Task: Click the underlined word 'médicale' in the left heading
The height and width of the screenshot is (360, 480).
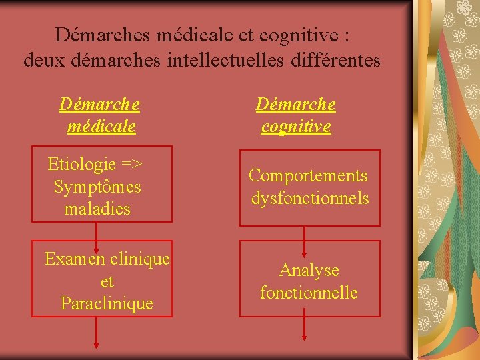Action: (101, 126)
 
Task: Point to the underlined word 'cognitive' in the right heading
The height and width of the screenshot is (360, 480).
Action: (296, 127)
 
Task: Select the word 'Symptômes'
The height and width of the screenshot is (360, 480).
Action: (97, 187)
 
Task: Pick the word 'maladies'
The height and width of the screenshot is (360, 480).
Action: (97, 209)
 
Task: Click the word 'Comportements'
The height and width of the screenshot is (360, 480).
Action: (308, 175)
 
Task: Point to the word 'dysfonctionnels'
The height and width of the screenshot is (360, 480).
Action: (310, 198)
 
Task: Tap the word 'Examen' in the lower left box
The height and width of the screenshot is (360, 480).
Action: (73, 259)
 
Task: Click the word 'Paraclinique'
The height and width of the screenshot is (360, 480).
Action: (107, 304)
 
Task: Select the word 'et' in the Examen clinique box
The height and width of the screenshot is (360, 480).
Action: (107, 281)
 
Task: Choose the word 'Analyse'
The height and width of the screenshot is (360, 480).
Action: (309, 270)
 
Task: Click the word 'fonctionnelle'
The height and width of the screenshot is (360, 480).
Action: (309, 293)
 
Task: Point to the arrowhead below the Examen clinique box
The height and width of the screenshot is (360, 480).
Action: (97, 345)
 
